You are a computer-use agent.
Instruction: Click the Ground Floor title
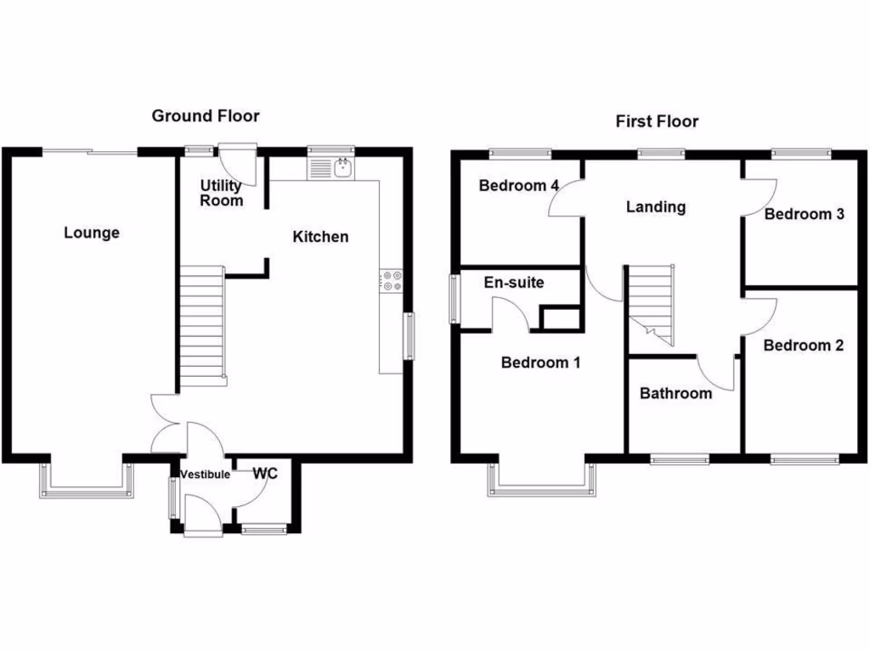point(206,116)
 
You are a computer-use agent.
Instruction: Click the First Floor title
point(657,121)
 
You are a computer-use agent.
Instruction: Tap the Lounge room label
point(92,233)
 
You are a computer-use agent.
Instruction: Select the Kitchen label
point(320,237)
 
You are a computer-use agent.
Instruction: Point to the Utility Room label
point(222,193)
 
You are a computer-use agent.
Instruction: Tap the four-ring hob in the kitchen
point(392,280)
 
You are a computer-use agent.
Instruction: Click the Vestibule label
point(204,475)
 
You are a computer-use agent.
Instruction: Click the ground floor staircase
point(202,325)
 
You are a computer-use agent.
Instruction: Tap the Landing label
point(655,206)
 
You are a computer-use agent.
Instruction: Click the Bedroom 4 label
point(518,186)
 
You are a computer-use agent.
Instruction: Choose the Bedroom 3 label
point(804,214)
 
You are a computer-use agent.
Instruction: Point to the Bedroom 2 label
point(803,346)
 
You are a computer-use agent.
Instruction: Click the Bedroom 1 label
point(540,363)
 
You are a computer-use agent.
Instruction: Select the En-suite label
point(513,283)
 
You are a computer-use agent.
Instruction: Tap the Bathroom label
point(675,393)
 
